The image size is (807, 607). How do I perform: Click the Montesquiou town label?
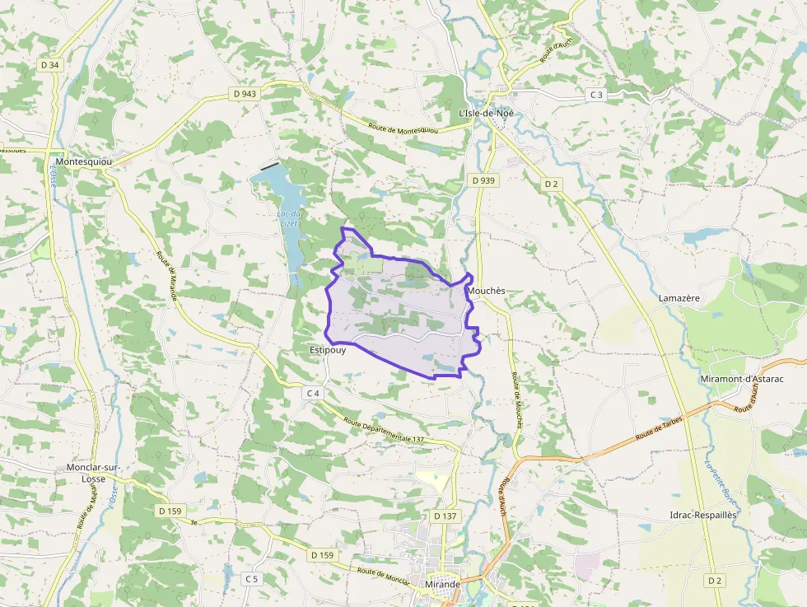pos(83,162)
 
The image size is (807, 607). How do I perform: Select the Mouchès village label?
pos(485,292)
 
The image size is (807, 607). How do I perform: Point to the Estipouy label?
pos(327,349)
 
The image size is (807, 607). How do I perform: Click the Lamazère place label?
pos(679,297)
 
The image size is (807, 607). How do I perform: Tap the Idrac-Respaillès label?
pos(703,515)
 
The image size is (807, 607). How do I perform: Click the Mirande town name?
pos(443,584)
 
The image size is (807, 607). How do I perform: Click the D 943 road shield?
pos(245,94)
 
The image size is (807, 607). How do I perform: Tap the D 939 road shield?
pos(484,180)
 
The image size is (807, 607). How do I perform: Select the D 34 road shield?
pos(49,64)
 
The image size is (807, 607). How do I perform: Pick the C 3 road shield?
pos(596,95)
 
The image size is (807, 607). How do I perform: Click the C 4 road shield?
pos(313,393)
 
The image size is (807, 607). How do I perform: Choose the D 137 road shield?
pos(445,516)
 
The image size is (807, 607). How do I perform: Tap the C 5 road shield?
pos(251,579)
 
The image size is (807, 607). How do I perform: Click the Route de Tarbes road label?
pos(659,429)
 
